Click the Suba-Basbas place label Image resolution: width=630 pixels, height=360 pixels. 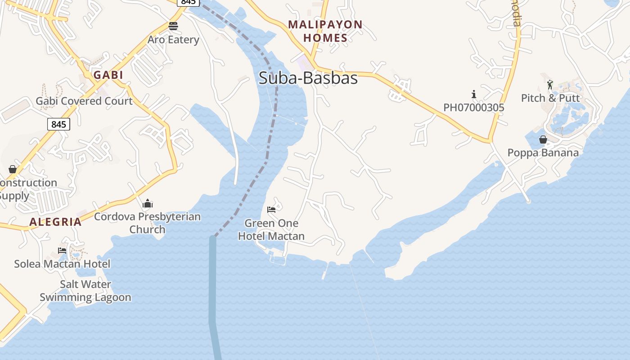point(308,78)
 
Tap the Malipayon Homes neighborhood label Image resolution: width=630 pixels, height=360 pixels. point(325,31)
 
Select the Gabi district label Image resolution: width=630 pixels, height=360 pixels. point(108,75)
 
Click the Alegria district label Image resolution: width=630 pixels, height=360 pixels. point(56,221)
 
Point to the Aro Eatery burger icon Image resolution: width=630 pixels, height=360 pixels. point(173,26)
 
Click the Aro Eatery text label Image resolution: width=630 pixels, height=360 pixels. point(173,40)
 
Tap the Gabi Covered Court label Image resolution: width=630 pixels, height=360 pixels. point(84,101)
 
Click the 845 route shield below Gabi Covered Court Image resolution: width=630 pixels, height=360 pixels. point(58,124)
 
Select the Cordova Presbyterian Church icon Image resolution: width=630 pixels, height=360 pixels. point(148,204)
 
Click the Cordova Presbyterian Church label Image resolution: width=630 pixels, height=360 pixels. point(148,223)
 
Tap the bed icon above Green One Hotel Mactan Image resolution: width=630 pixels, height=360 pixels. point(271,210)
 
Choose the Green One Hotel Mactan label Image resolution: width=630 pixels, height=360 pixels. point(271,229)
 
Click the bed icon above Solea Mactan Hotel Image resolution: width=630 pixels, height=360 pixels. point(62,251)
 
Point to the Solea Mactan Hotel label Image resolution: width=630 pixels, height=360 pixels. point(62,264)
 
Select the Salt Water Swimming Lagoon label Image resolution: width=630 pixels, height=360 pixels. point(85,291)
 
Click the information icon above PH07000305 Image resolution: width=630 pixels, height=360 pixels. point(474,94)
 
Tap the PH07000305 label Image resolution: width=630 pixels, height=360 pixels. point(474,108)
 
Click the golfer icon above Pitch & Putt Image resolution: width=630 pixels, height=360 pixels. point(550,85)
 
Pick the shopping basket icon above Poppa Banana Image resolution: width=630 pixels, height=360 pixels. point(543,139)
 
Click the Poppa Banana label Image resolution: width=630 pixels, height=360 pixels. point(543,153)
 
